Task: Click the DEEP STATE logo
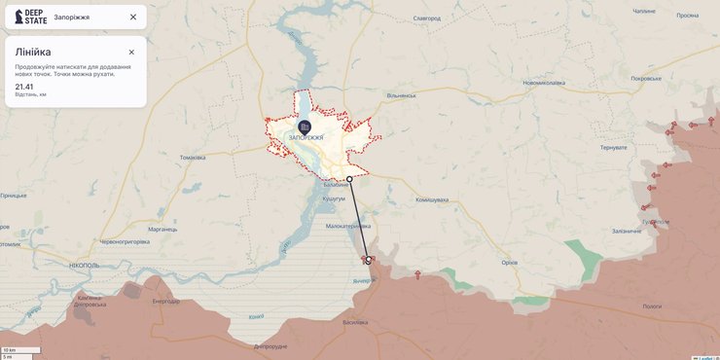(30, 17)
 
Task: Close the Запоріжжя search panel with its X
(133, 17)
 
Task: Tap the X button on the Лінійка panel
(131, 52)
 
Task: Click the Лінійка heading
(33, 52)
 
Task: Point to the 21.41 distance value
(24, 87)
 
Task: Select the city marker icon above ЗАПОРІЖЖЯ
(305, 126)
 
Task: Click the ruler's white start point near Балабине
(350, 179)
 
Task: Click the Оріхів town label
(509, 262)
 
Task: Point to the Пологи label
(652, 306)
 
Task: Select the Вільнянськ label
(401, 95)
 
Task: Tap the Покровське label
(646, 78)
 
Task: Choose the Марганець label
(162, 229)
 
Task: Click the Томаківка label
(193, 158)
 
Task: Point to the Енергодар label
(165, 301)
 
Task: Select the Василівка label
(355, 322)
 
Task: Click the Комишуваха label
(432, 199)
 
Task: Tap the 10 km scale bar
(20, 349)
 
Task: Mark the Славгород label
(426, 18)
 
